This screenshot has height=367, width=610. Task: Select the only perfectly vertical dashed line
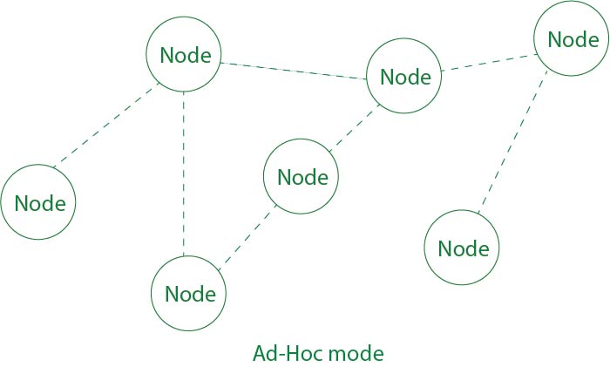coord(184,173)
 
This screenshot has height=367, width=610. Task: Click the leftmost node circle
coord(38,203)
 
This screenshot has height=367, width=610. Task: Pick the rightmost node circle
coord(571,39)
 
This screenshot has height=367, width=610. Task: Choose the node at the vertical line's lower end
coord(188,294)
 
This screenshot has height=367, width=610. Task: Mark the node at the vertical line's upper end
coord(184,54)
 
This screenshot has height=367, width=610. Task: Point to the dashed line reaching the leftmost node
coord(105,126)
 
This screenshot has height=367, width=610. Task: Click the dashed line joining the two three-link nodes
coord(293,71)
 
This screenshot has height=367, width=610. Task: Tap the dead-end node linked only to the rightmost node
coord(462,248)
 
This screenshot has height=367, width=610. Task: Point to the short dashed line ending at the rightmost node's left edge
coord(488,63)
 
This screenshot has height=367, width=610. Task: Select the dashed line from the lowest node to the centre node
coord(247,234)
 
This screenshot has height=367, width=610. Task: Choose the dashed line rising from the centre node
coord(353,132)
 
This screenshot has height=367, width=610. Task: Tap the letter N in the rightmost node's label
coord(554,40)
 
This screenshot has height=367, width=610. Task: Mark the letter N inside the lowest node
coord(172,295)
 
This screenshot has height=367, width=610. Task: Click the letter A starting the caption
coord(259,354)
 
